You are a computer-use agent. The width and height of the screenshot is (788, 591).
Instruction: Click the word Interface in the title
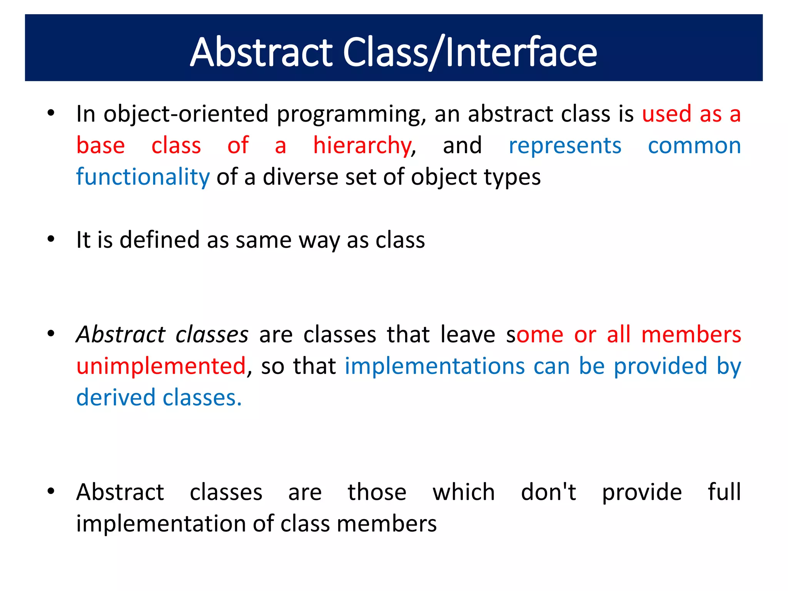pos(521,52)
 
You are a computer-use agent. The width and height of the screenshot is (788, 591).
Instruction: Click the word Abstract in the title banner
pos(261,52)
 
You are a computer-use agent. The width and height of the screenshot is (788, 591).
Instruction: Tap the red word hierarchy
pos(362,146)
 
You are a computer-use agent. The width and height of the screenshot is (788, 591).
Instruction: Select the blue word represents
pos(565,146)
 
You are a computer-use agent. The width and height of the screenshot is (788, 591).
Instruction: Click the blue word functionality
pos(143,177)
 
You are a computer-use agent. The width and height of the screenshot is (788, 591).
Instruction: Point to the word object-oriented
pos(186,114)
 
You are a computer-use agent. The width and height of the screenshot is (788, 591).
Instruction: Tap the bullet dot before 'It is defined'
pos(51,239)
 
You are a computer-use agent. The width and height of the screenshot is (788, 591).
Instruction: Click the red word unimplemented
pos(161,366)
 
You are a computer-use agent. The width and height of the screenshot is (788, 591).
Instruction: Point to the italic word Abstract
pos(120,334)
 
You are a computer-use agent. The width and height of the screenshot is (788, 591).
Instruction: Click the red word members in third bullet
pos(691,334)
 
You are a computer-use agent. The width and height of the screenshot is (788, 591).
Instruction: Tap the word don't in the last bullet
pos(548,492)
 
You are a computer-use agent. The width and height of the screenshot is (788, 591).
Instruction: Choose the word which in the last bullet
pos(464,492)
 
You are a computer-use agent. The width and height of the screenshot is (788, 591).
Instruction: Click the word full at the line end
pos(724,492)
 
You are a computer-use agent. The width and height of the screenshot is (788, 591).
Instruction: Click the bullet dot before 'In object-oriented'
pos(51,113)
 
